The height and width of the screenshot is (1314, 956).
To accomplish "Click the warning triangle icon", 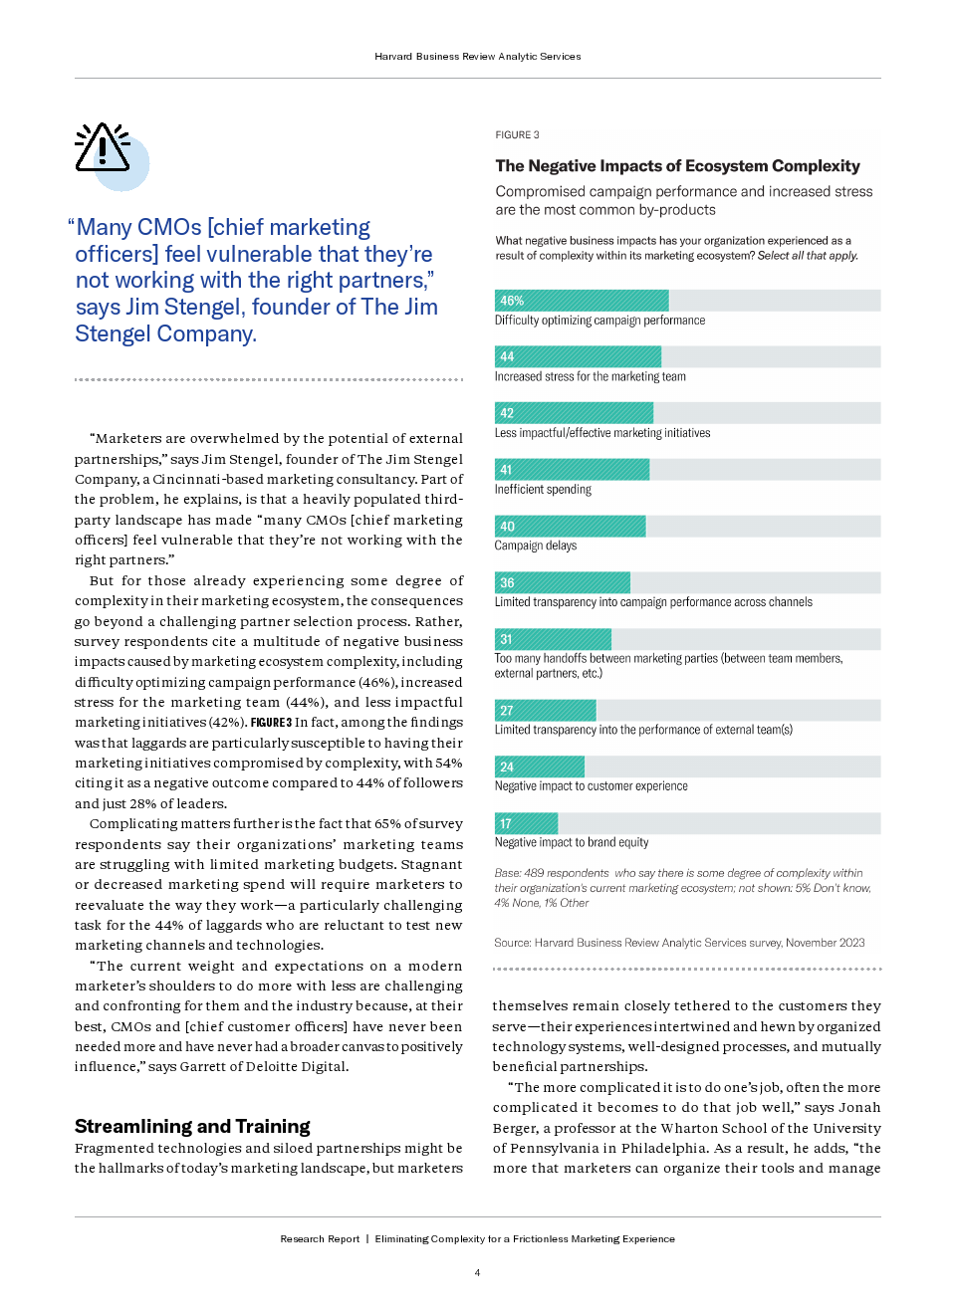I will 103,149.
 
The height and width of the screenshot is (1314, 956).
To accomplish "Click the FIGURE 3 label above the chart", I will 517,135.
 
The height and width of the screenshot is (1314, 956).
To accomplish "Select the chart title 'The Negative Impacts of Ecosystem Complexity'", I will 677,166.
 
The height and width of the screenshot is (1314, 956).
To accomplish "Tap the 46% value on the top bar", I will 512,301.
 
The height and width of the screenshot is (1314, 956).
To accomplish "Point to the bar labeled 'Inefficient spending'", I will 572,470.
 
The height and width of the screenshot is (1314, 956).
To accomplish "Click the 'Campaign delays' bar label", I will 536,546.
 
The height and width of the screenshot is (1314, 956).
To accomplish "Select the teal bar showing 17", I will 526,823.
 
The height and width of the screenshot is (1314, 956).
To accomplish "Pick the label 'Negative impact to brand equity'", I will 572,842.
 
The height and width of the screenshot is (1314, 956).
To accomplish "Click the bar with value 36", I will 563,582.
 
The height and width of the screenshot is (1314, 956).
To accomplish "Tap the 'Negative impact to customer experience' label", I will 591,786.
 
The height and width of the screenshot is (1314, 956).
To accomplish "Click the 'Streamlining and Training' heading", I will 192,1126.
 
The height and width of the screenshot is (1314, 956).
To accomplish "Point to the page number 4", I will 477,1272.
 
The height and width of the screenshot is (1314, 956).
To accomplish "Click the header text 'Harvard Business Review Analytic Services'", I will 478,57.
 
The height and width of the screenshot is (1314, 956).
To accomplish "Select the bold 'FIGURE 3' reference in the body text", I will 271,723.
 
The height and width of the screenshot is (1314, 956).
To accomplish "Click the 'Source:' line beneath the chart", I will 679,943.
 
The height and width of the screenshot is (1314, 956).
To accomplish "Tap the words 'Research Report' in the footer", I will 320,1239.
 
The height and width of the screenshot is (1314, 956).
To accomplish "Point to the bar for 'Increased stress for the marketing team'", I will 578,356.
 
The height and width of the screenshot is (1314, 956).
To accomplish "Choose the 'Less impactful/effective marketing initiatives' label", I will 602,433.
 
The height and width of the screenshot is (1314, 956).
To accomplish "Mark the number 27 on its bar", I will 507,711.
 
